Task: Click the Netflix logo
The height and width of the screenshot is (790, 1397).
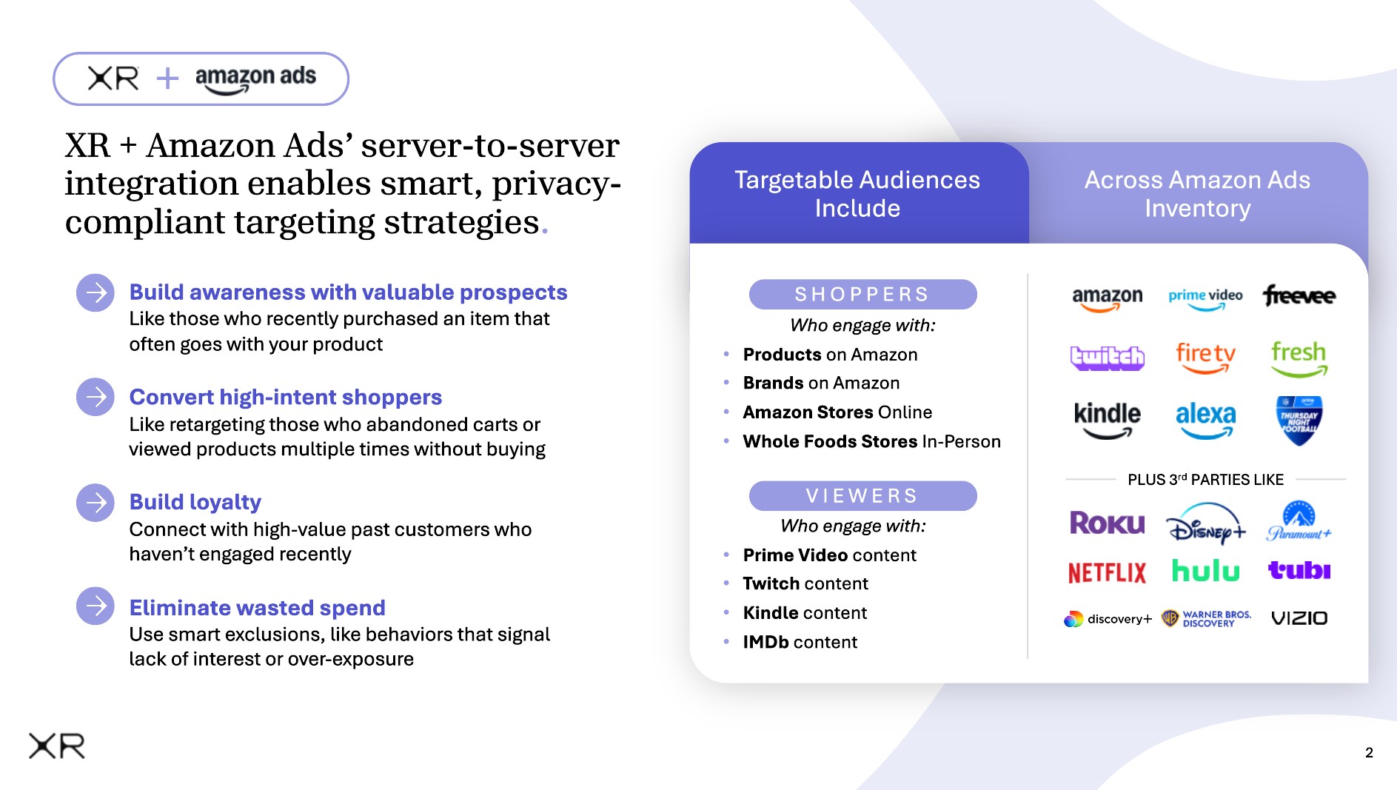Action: pos(1107,572)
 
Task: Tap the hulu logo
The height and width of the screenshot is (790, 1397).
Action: pos(1205,571)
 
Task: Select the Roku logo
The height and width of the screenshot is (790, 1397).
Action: pos(1107,523)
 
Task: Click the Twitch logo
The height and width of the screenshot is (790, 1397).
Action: pos(1107,358)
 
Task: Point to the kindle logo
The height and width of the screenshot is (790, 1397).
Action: pos(1107,418)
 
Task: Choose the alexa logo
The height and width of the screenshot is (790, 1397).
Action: pos(1205,418)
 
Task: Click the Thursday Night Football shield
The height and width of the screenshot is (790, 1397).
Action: pos(1299,420)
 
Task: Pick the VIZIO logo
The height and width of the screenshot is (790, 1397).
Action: pos(1299,618)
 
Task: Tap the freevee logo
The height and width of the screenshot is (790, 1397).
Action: pos(1299,295)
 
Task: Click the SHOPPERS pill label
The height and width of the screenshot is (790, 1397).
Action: pos(862,295)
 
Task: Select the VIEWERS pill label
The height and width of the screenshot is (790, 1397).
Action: pos(862,495)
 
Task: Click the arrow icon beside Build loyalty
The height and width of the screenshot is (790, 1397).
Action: pos(96,503)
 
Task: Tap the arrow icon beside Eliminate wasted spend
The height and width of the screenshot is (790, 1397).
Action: pos(96,606)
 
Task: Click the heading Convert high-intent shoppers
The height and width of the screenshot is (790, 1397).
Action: pos(285,398)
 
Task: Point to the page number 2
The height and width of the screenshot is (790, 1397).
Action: pos(1369,753)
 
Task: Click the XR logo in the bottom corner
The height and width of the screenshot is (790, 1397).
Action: pos(57,746)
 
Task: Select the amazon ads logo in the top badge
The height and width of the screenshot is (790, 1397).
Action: pos(255,79)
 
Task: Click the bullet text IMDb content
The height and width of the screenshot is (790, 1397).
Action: pos(800,642)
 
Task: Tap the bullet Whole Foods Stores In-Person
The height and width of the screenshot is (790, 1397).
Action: pos(871,442)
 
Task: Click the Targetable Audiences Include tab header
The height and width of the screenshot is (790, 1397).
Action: pos(857,194)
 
